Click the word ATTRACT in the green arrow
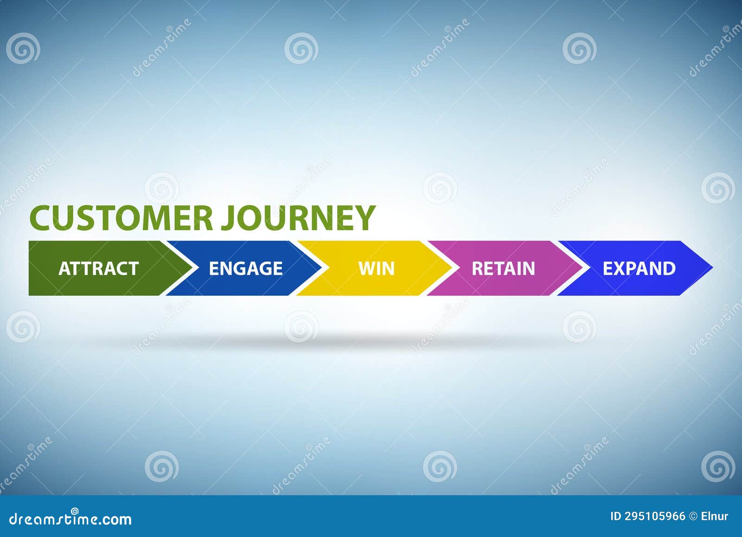pos(98,269)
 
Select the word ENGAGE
pos(245,269)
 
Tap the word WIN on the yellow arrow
pos(376,269)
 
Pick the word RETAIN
pos(503,269)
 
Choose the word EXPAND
pos(639,269)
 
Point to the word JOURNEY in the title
pos(297,217)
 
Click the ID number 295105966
pos(654,517)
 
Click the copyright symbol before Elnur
pos(694,517)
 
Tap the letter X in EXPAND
pos(618,269)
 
